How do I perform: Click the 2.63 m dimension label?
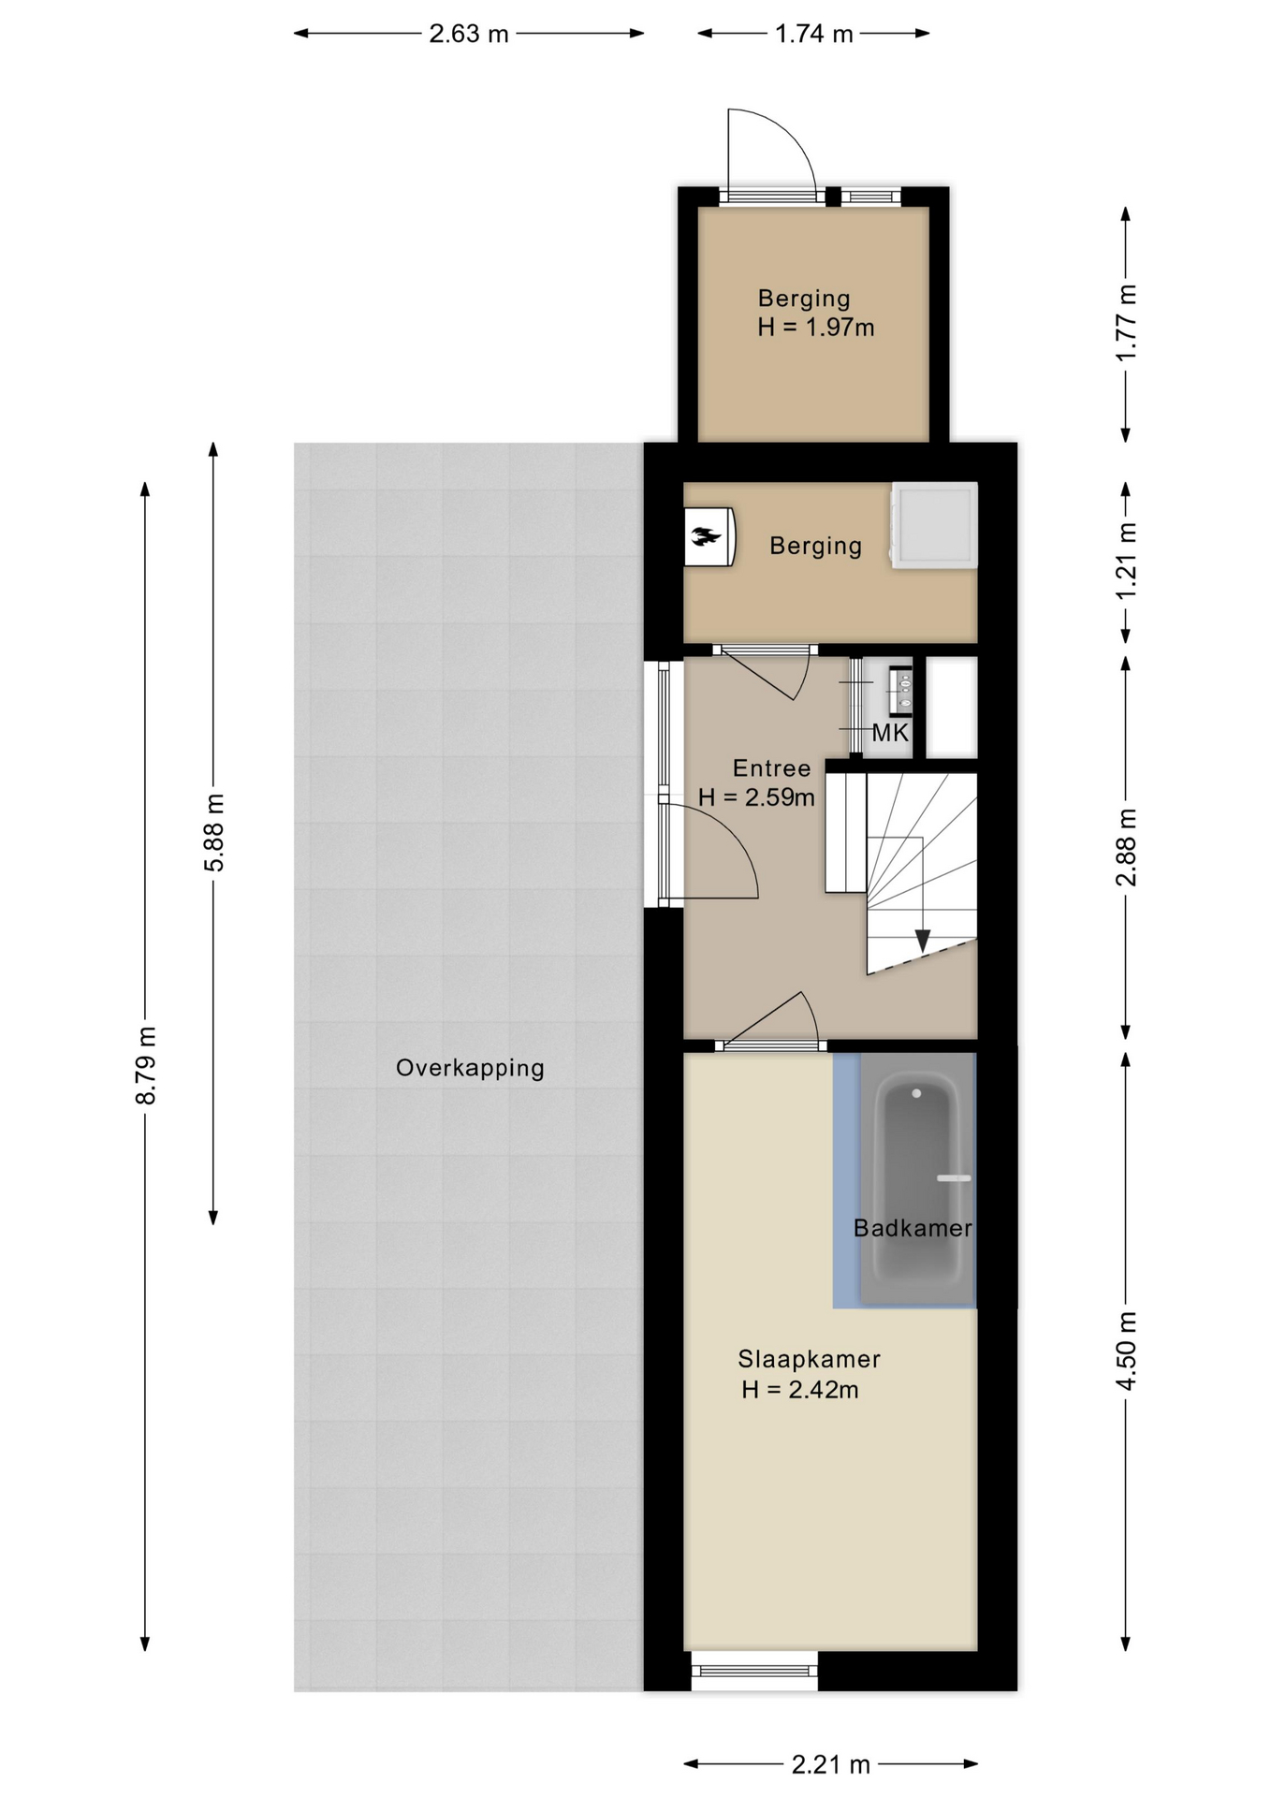(469, 34)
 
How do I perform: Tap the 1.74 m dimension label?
(814, 34)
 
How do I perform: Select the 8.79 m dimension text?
(146, 1065)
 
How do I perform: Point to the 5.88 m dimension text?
(214, 832)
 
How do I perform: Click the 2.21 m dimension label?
(831, 1764)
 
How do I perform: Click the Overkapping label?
(470, 1068)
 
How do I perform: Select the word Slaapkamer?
(809, 1358)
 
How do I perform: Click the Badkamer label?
(913, 1228)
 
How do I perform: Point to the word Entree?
(771, 768)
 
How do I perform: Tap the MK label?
(890, 733)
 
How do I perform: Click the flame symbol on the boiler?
(706, 536)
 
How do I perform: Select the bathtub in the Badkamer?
(917, 1179)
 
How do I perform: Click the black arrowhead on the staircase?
(923, 940)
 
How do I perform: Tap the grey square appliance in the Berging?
(934, 525)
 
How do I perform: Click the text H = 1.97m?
(816, 328)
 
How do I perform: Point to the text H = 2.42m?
(800, 1390)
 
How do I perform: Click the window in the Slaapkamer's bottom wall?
(754, 1671)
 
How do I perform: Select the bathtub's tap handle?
(954, 1178)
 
